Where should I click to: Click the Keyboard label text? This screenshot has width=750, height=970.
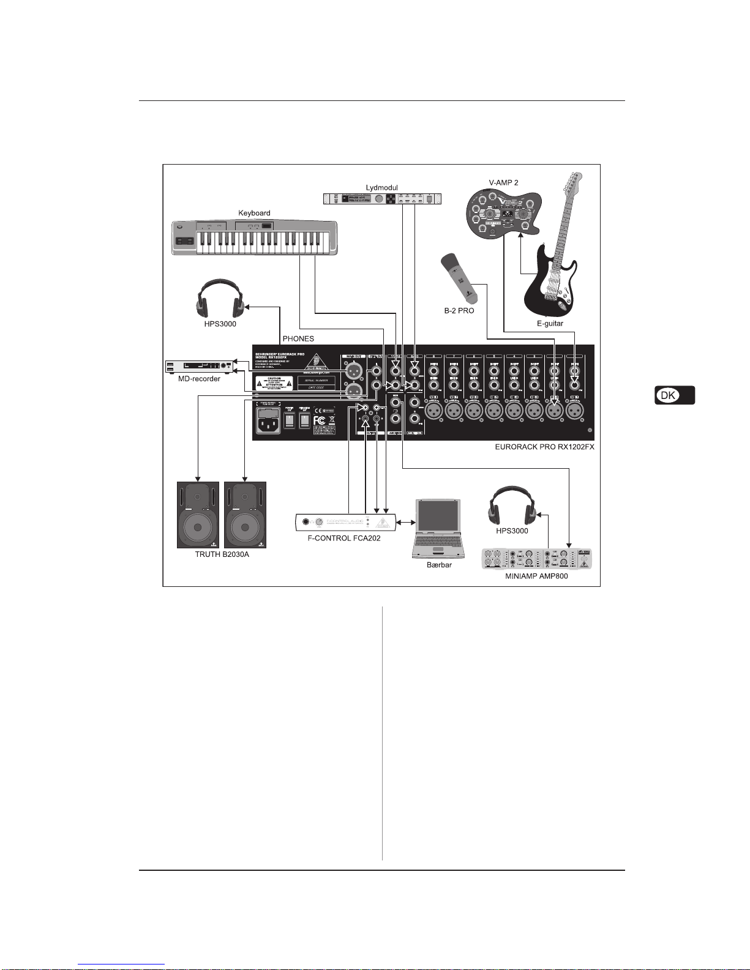coord(254,213)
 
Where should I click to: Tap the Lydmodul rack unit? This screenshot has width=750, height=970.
coord(382,199)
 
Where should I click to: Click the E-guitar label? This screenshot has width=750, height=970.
coord(550,323)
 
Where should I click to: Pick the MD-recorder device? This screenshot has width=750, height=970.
coord(200,367)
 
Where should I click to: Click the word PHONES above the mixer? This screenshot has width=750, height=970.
coord(298,338)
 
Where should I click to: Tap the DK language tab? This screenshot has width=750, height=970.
coord(674,395)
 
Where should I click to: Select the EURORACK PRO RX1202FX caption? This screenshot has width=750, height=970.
coord(544,447)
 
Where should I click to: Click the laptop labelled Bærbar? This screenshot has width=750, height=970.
coord(438,527)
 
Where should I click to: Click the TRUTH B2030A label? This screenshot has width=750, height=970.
coord(222,554)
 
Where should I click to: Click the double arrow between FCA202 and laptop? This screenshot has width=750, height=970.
coord(405,522)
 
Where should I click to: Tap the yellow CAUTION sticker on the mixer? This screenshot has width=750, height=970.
coord(274,383)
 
